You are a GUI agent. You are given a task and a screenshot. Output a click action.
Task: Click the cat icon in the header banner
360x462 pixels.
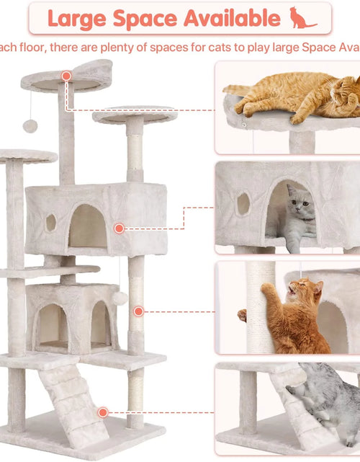(x=302, y=18)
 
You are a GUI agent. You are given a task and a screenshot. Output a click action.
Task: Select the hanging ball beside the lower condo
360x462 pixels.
(x=120, y=298)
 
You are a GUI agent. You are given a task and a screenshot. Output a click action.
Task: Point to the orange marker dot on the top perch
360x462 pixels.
(x=66, y=76)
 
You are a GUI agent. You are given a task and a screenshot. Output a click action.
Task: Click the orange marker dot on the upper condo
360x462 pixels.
(x=119, y=228)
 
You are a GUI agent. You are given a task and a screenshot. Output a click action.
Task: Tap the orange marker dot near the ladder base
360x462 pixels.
(x=103, y=412)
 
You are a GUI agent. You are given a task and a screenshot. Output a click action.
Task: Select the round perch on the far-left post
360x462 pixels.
(x=27, y=156)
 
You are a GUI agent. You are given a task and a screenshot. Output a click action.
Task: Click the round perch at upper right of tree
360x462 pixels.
(x=135, y=114)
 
